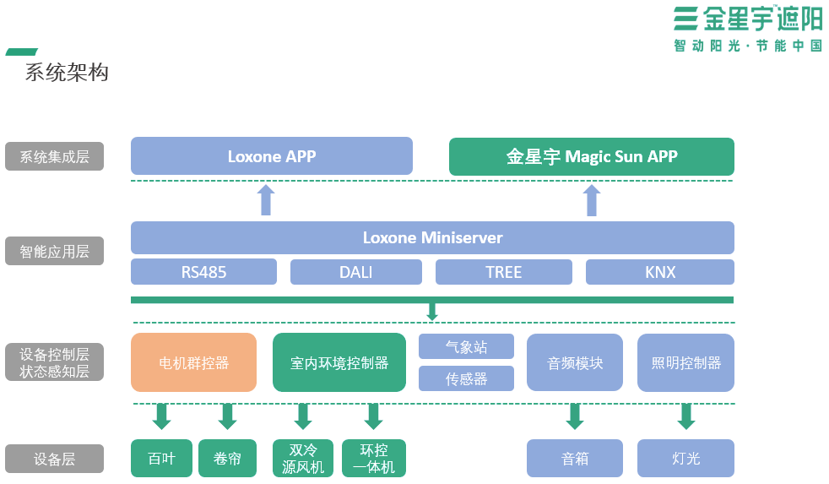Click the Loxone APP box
point(271,156)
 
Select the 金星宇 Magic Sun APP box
point(591,156)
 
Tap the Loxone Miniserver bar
point(432,237)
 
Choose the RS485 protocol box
point(203,272)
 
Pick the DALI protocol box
point(355,272)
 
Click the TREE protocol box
point(503,272)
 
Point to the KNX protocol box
point(659,272)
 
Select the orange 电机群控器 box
point(193,362)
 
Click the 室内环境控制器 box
point(339,362)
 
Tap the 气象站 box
point(466,346)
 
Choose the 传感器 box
point(466,378)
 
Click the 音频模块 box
point(574,362)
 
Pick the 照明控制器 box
point(685,362)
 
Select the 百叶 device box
point(161,459)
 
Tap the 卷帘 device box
point(227,459)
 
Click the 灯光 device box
point(685,459)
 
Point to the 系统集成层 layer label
point(54,156)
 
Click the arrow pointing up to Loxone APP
point(266,200)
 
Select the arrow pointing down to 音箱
point(575,416)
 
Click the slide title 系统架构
point(67,73)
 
